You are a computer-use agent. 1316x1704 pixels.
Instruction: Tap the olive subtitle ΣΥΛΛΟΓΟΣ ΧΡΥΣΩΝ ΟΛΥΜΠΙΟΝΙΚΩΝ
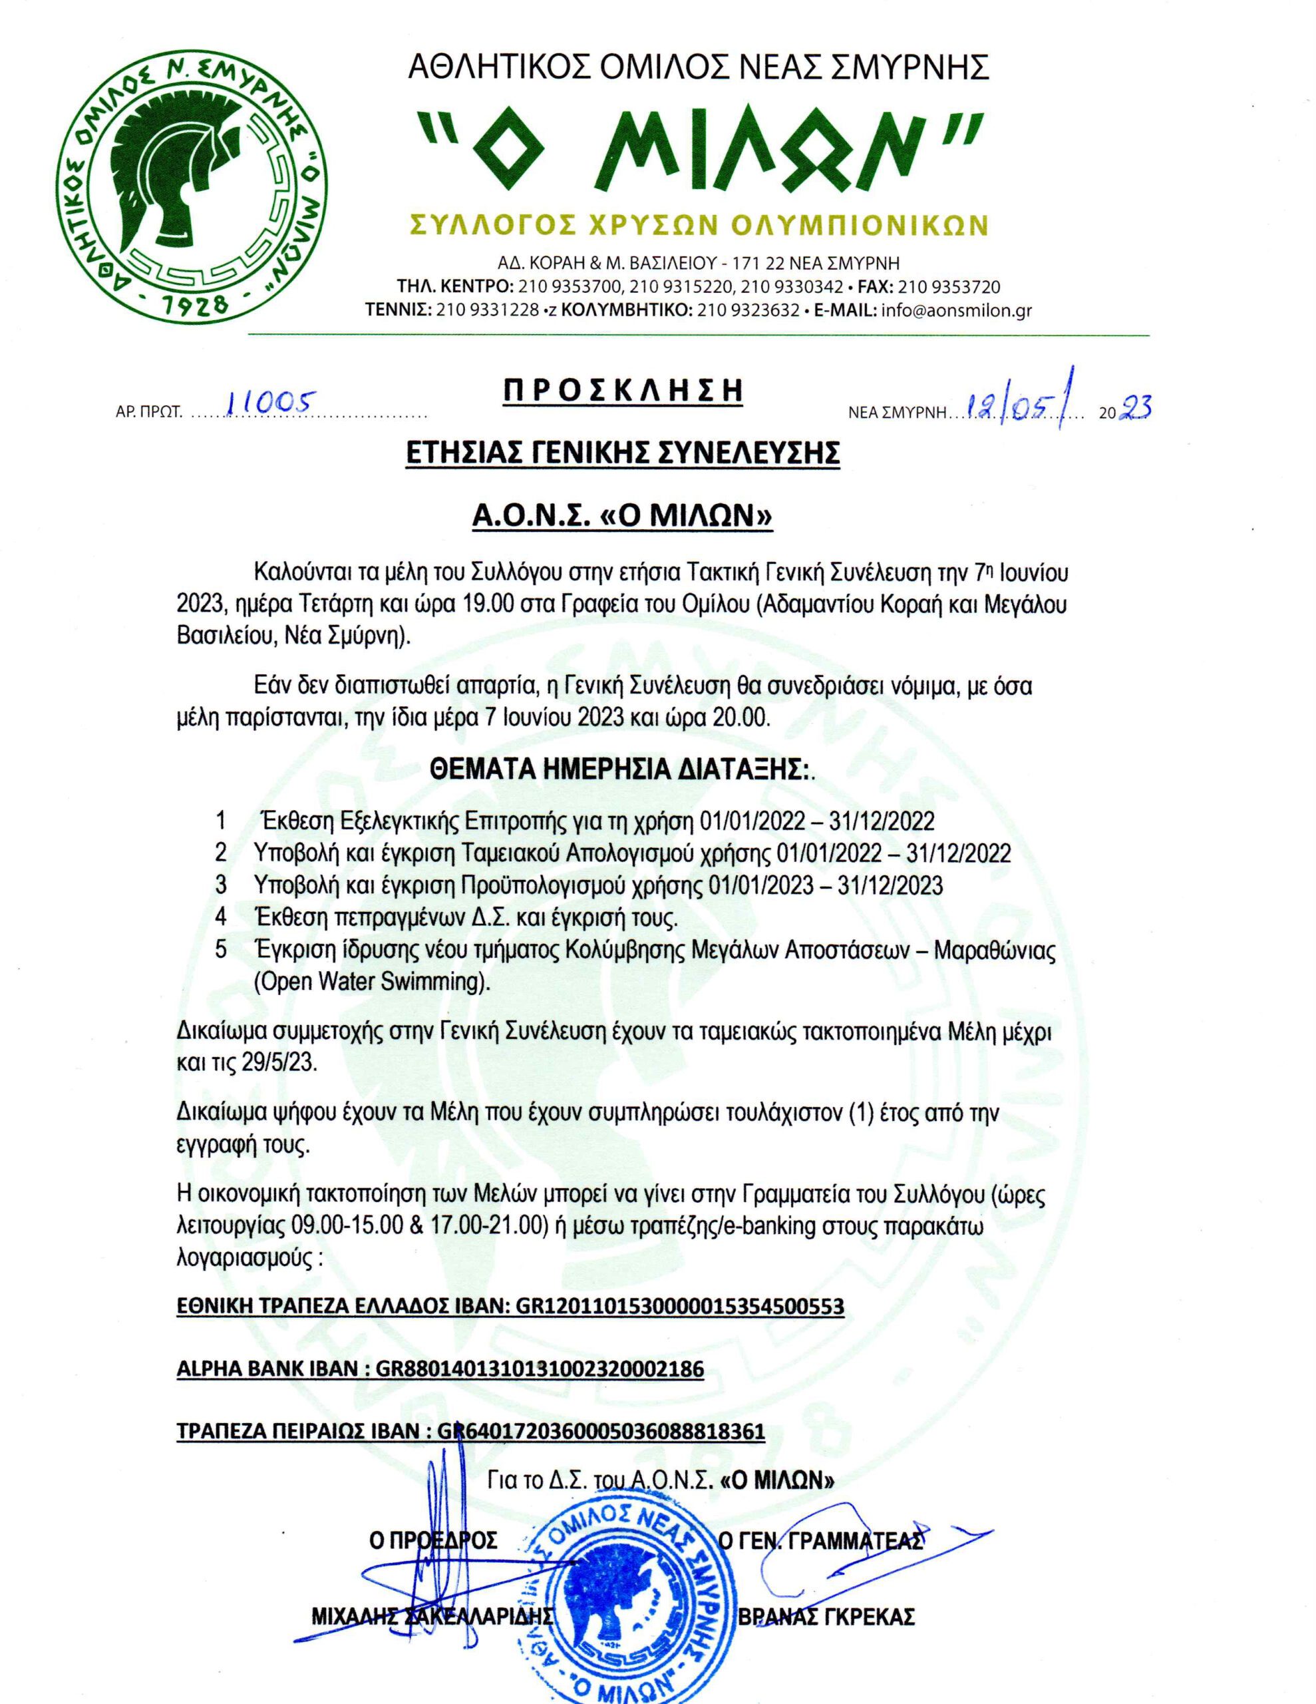point(699,225)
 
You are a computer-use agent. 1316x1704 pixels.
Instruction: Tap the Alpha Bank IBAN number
point(540,1369)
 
